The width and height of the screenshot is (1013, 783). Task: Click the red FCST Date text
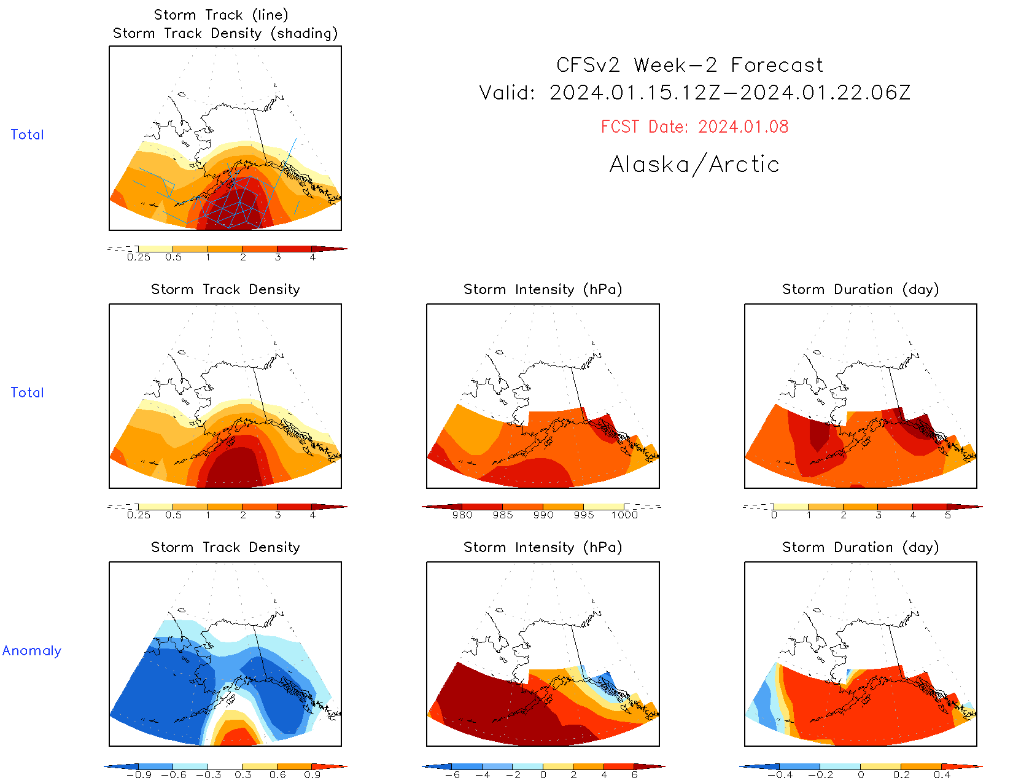[694, 127]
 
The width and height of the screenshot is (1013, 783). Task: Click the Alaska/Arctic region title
[694, 165]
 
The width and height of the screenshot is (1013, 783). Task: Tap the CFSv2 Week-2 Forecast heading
[689, 65]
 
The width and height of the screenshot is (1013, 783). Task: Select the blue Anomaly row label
[32, 651]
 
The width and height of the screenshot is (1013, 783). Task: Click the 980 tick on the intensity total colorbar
[462, 515]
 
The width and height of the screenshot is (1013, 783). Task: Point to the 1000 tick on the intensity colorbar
[624, 515]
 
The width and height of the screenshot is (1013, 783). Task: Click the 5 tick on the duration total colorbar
[948, 515]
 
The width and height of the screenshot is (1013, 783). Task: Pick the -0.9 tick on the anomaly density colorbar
[139, 775]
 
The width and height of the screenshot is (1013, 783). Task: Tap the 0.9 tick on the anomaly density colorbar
[312, 775]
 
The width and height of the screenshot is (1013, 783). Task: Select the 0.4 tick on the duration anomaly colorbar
[942, 775]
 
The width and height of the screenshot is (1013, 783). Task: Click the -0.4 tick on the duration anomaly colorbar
[780, 775]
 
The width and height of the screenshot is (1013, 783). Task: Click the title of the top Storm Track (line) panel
[221, 15]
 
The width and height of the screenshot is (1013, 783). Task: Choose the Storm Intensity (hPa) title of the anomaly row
[543, 547]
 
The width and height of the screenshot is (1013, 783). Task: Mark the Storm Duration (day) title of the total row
[860, 289]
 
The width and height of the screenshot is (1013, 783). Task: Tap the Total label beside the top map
[27, 135]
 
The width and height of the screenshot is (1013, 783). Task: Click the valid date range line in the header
[694, 93]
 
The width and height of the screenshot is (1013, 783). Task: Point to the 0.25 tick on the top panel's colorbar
[139, 257]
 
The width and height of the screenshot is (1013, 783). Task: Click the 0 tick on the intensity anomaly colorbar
[543, 775]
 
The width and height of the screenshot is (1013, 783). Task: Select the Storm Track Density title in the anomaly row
[225, 547]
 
